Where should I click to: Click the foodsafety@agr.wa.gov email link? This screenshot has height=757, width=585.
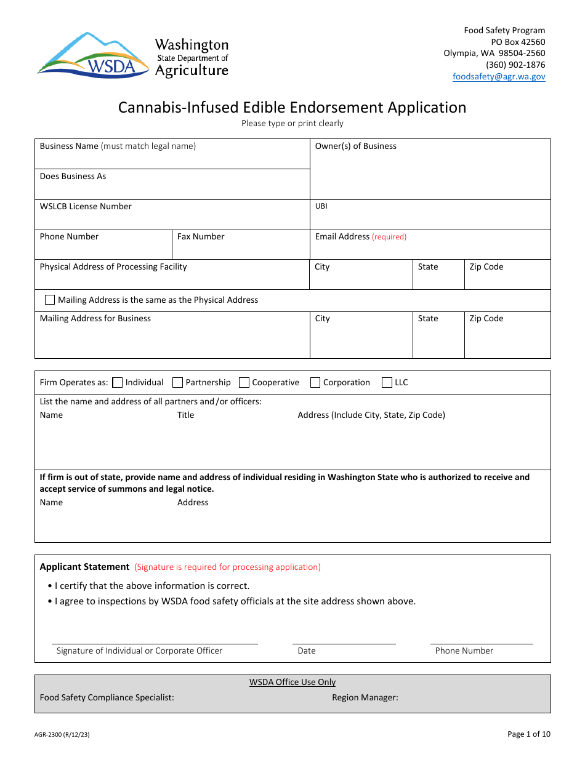(x=499, y=77)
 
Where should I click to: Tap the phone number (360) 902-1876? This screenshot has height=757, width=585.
(x=515, y=65)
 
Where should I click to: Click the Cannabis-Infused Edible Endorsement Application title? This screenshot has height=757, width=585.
(x=292, y=107)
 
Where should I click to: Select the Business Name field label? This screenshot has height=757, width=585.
(x=69, y=146)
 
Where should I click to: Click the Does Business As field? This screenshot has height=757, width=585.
(x=172, y=185)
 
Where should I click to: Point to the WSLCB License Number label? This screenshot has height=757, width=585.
(x=86, y=207)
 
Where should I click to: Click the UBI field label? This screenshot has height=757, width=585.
(x=321, y=207)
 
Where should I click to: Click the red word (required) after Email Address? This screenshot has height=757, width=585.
(x=389, y=237)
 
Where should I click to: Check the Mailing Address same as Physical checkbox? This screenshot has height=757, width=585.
(x=50, y=300)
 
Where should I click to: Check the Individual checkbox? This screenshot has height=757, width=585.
(x=118, y=382)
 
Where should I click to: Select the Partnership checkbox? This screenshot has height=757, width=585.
(x=178, y=382)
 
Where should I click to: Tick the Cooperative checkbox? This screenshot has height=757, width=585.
(x=244, y=382)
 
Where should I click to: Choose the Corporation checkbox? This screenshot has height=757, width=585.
(x=315, y=382)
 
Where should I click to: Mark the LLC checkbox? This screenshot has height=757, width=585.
(x=387, y=382)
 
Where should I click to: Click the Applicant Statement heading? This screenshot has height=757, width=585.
(x=84, y=567)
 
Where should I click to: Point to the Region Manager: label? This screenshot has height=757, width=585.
(x=365, y=698)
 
